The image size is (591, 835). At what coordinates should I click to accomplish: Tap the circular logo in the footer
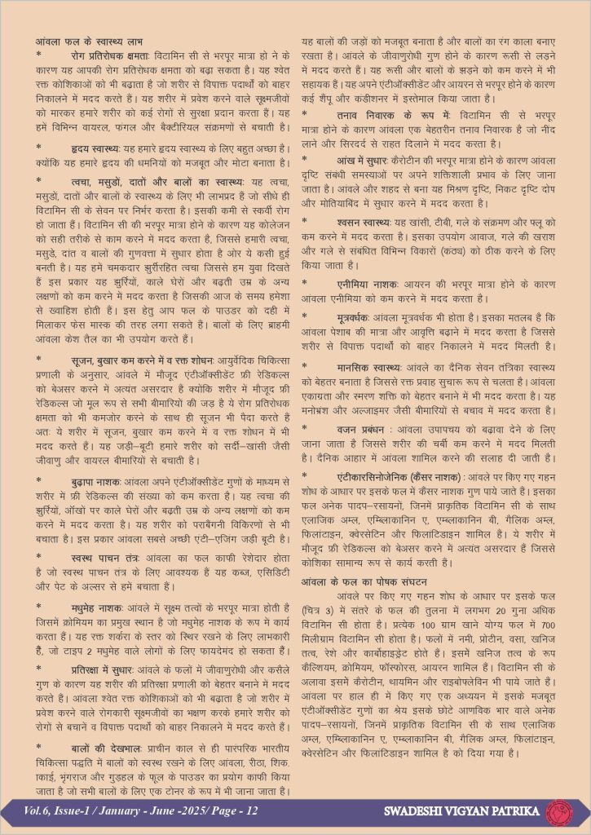click(560, 811)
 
